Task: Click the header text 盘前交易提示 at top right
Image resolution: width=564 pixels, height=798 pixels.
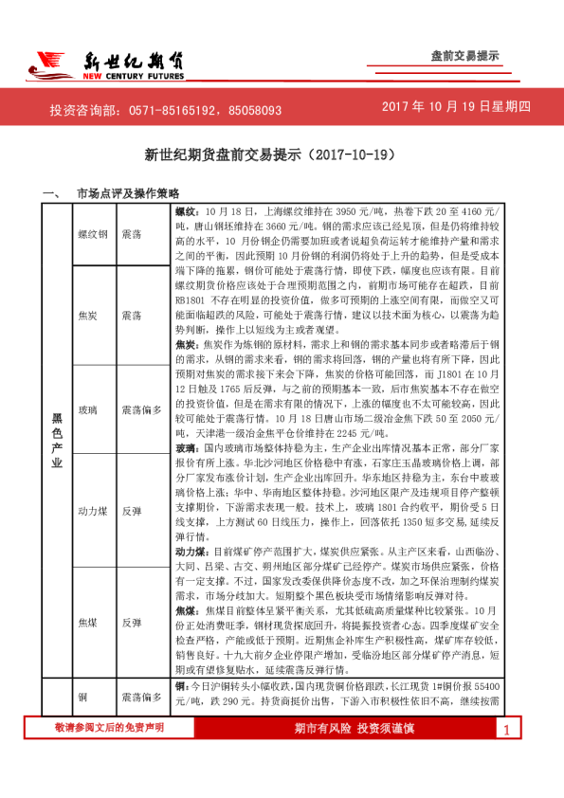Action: (464, 56)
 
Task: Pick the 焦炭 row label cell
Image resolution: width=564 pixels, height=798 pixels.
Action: (87, 314)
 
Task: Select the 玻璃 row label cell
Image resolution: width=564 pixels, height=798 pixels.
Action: (87, 410)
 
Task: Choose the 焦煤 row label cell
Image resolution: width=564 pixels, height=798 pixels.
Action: (87, 623)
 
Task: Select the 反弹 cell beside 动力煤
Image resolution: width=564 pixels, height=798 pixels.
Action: (132, 509)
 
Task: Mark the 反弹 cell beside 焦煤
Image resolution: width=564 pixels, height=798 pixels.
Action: (132, 623)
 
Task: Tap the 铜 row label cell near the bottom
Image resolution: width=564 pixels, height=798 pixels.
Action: (82, 697)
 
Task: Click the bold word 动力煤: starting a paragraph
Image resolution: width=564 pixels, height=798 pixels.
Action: (191, 551)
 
